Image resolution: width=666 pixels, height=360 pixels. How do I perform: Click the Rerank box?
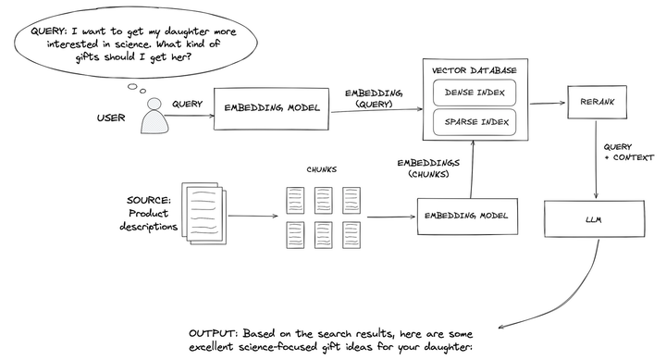pyautogui.click(x=595, y=101)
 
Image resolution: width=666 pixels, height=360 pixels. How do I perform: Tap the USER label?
pyautogui.click(x=111, y=118)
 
